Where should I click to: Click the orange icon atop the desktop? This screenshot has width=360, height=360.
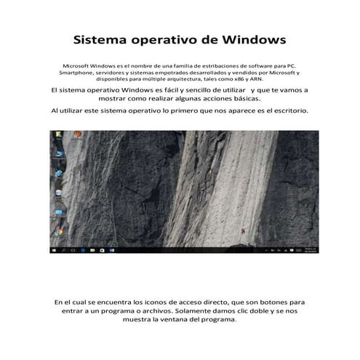(x=57, y=136)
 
